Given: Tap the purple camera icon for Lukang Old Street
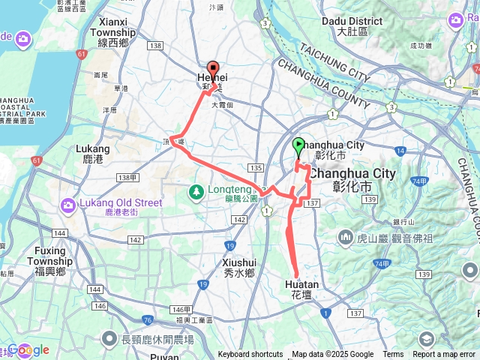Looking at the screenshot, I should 68,203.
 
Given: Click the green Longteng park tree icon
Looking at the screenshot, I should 196,192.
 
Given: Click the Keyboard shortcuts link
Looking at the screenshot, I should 250,355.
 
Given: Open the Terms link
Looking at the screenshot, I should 393,355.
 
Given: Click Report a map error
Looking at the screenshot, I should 445,355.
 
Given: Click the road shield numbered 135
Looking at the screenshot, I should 257,167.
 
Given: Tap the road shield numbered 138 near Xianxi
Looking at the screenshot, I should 156,46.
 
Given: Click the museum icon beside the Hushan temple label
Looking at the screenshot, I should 346,238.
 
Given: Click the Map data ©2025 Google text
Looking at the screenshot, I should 333,355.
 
